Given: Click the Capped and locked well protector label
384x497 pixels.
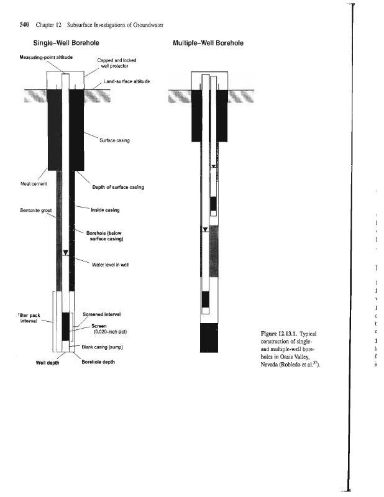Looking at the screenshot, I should coord(116,63).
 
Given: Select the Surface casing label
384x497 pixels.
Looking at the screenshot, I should coord(114,140).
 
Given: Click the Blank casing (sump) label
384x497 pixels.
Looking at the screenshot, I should coord(107,347).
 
